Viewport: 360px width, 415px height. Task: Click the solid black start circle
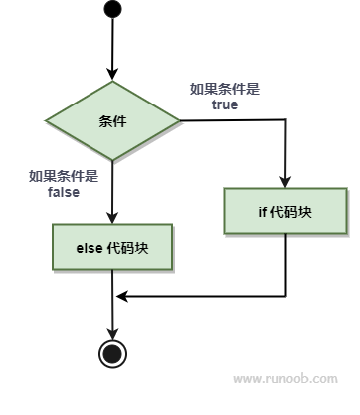(x=112, y=12)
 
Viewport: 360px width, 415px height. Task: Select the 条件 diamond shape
(x=112, y=121)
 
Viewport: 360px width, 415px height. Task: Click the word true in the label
(x=225, y=104)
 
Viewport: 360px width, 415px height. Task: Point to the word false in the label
(x=63, y=192)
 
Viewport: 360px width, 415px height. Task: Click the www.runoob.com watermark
(x=284, y=379)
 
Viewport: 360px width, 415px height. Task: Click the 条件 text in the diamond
(x=112, y=121)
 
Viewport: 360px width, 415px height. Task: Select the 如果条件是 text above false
(x=63, y=177)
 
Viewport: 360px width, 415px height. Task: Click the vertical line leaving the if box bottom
(x=285, y=264)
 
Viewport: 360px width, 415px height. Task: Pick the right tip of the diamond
(x=180, y=121)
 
